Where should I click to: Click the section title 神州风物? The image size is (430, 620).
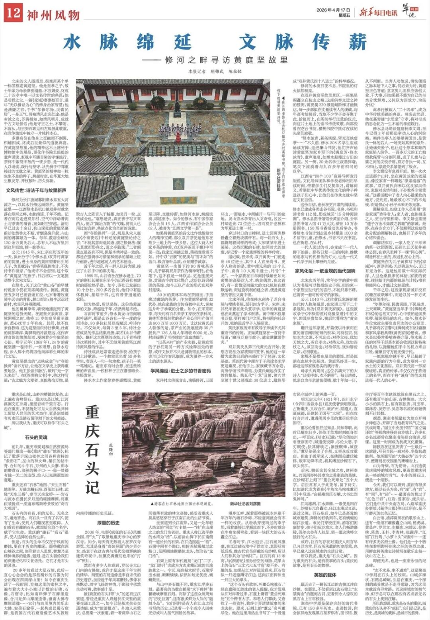tap(53, 15)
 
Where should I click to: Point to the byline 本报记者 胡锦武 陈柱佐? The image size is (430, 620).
tap(215, 72)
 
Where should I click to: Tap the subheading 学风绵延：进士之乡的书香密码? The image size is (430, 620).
tap(180, 371)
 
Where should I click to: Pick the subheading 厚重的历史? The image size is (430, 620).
tap(109, 523)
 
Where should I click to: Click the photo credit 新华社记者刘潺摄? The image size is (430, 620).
tap(246, 503)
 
